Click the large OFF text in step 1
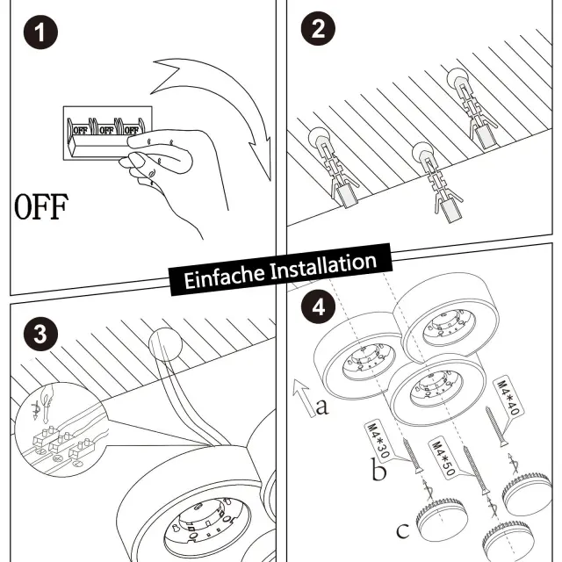coord(40,208)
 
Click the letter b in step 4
coord(378,472)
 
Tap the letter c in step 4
coord(402,530)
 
